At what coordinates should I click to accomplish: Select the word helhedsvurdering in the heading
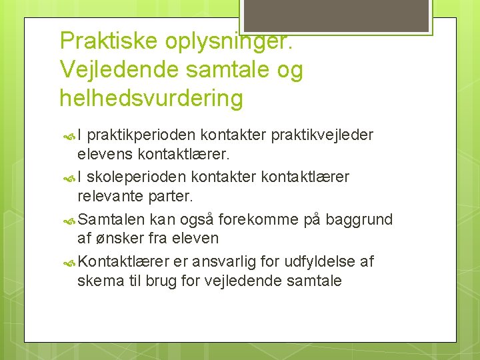pos(151,99)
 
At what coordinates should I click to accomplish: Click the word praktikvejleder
pos(322,135)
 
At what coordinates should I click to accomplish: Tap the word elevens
pos(105,155)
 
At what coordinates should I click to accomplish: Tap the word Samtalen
pos(111,219)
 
